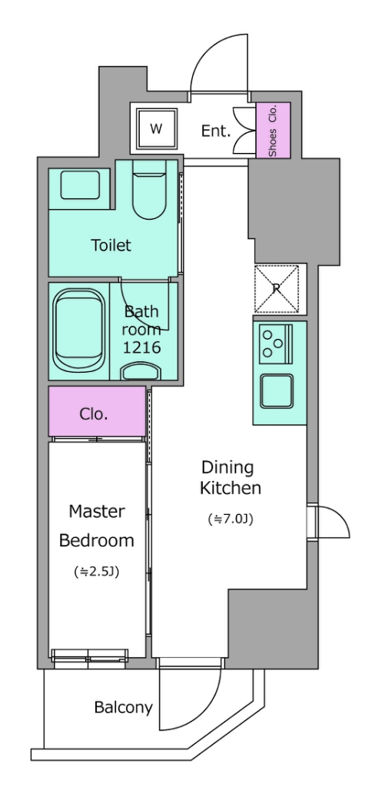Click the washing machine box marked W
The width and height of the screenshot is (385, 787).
[x=156, y=128]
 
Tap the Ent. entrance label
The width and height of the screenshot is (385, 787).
[x=215, y=131]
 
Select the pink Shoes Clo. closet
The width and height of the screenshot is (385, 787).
[x=273, y=131]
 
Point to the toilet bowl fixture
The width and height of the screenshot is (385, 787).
[x=149, y=190]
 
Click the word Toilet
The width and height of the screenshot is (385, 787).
[x=111, y=245]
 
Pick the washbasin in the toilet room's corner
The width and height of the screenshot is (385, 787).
[x=79, y=185]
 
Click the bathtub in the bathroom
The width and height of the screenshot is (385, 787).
[x=80, y=330]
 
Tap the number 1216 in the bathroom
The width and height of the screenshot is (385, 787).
[x=141, y=347]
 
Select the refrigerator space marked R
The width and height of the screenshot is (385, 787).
[x=277, y=289]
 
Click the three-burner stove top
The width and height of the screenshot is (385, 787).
[x=275, y=344]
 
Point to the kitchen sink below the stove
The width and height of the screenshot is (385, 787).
[x=276, y=390]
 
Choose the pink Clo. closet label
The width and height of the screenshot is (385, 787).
[x=93, y=414]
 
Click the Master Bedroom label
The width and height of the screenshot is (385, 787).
[x=96, y=526]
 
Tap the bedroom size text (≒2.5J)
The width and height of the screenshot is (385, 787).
[x=96, y=571]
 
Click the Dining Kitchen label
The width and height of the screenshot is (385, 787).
[x=231, y=477]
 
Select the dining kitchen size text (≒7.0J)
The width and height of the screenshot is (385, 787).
[x=231, y=519]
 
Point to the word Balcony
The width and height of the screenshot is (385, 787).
[x=123, y=708]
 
